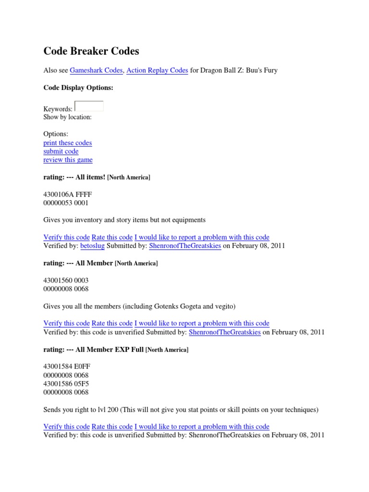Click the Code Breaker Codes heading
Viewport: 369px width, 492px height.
(x=91, y=51)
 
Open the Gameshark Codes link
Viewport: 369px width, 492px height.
(x=96, y=71)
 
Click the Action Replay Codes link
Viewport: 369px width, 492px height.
(x=157, y=71)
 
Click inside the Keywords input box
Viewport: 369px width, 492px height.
(x=89, y=106)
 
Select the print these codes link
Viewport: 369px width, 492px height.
(x=67, y=143)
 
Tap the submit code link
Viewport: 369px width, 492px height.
(x=61, y=151)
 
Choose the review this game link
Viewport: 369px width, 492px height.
(x=68, y=160)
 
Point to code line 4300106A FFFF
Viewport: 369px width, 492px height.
(x=67, y=195)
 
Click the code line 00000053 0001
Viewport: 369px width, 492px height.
(x=66, y=203)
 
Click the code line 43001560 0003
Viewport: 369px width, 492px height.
(x=66, y=281)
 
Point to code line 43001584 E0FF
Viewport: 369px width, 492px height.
(x=67, y=367)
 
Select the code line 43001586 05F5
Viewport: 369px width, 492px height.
(x=66, y=384)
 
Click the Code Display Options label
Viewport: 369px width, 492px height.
(x=78, y=88)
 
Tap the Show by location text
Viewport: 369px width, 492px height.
(x=67, y=117)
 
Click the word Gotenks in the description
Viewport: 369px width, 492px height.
(x=171, y=307)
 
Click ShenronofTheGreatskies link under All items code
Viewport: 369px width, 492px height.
(x=185, y=246)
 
